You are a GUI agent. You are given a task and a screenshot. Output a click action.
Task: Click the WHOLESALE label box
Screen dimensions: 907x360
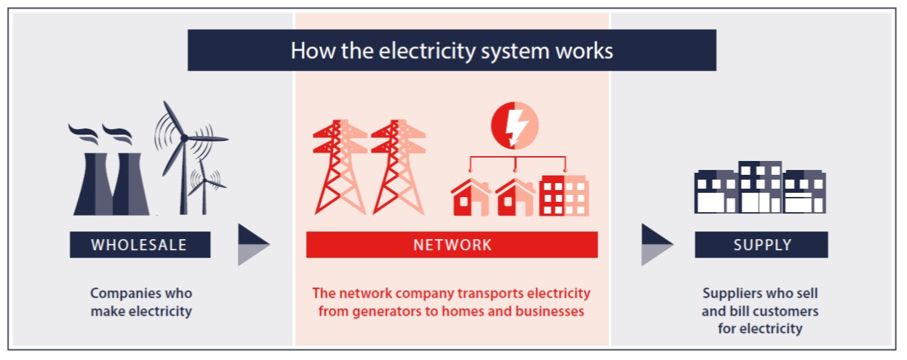tap(140, 245)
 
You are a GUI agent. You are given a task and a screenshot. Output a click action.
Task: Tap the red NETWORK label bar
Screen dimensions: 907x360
tap(452, 245)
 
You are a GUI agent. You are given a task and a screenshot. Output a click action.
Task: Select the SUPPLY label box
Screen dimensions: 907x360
tap(761, 245)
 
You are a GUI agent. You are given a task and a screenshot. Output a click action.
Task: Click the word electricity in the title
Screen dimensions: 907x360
tap(427, 51)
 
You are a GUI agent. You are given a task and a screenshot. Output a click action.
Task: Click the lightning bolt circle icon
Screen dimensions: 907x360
tap(515, 125)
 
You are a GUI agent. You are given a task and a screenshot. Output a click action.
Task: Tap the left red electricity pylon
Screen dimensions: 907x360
tap(340, 167)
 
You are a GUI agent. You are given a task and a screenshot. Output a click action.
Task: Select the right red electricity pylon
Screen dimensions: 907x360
tap(399, 167)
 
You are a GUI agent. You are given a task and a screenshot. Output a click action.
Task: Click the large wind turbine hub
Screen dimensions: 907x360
tap(184, 138)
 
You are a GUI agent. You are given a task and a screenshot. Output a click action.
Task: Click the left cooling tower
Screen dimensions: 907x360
tap(94, 184)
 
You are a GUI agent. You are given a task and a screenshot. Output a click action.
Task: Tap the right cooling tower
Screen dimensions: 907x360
tap(130, 184)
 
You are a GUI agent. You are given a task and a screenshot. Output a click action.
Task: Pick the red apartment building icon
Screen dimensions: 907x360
tap(564, 196)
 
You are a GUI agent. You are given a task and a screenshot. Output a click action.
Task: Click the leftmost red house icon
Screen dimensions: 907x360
tap(471, 197)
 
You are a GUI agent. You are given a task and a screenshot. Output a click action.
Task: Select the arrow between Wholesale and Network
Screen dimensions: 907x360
tap(254, 245)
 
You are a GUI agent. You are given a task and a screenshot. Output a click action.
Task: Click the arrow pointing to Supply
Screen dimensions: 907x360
tap(658, 245)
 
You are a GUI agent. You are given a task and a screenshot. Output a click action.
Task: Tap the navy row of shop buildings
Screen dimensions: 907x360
tap(760, 187)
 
